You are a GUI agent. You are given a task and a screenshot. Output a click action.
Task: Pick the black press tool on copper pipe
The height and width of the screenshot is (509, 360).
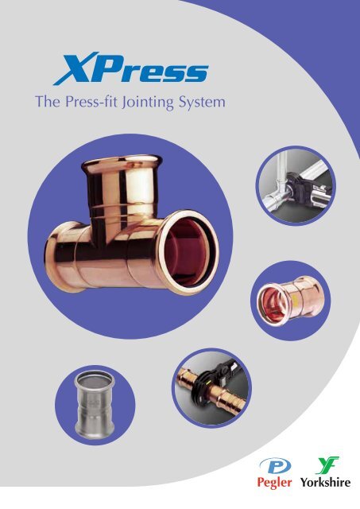pos(211,385)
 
